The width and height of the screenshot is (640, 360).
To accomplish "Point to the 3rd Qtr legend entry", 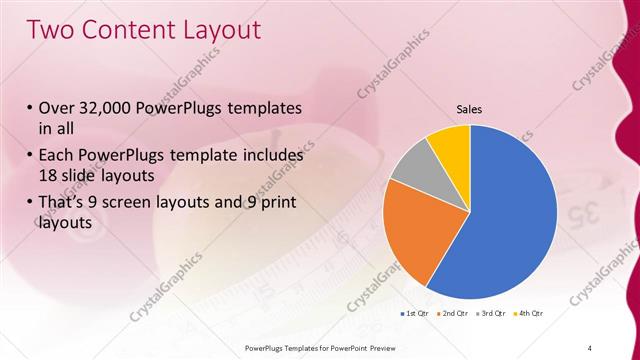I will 491,314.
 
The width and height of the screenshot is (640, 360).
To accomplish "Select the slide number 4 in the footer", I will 590,346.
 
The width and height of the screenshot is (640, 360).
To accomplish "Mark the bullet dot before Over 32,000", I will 31,108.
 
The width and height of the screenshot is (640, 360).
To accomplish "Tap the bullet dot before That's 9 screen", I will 31,202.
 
